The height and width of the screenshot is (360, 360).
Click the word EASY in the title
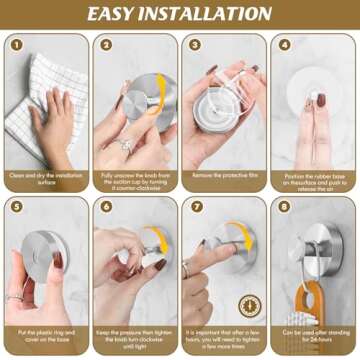point(118,14)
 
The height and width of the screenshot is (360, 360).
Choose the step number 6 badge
point(106,206)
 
